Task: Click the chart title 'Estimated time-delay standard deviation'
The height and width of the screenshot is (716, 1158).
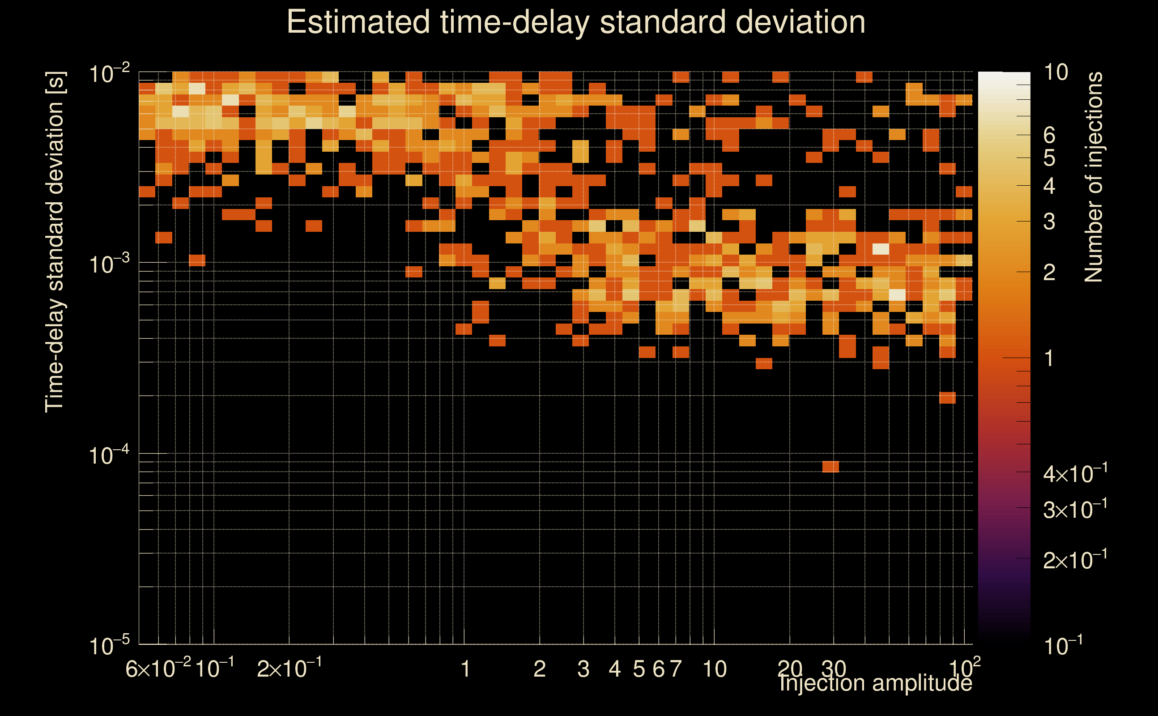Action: (x=576, y=22)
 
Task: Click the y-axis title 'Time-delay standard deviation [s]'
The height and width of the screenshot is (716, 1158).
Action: (x=55, y=242)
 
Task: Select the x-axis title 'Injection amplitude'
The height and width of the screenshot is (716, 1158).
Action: (x=875, y=682)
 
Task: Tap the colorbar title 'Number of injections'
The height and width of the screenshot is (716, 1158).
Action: (x=1094, y=177)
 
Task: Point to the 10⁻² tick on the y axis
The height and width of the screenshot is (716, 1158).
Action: (x=109, y=73)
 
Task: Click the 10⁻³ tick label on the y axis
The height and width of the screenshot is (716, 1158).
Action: (x=109, y=264)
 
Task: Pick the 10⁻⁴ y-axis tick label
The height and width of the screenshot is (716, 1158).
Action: (x=109, y=455)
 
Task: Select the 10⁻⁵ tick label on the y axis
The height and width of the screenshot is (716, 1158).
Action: (x=109, y=645)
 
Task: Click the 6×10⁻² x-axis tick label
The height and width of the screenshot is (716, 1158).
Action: (x=158, y=669)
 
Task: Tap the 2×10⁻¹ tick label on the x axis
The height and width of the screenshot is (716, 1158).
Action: (x=289, y=669)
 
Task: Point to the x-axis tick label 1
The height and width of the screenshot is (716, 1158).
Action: (x=465, y=669)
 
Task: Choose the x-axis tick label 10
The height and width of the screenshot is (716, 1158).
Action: (x=715, y=669)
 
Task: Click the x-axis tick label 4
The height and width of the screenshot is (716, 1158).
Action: (x=614, y=669)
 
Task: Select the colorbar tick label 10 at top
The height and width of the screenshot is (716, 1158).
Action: (x=1056, y=72)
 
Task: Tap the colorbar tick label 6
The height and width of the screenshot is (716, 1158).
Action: (x=1049, y=136)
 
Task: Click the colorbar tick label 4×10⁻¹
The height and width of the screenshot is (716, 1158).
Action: (x=1075, y=473)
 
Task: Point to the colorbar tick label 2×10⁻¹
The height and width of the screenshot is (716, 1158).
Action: (x=1075, y=560)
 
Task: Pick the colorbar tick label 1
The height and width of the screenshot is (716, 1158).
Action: (x=1049, y=358)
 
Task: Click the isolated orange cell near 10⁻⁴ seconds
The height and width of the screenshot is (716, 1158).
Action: (x=830, y=466)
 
